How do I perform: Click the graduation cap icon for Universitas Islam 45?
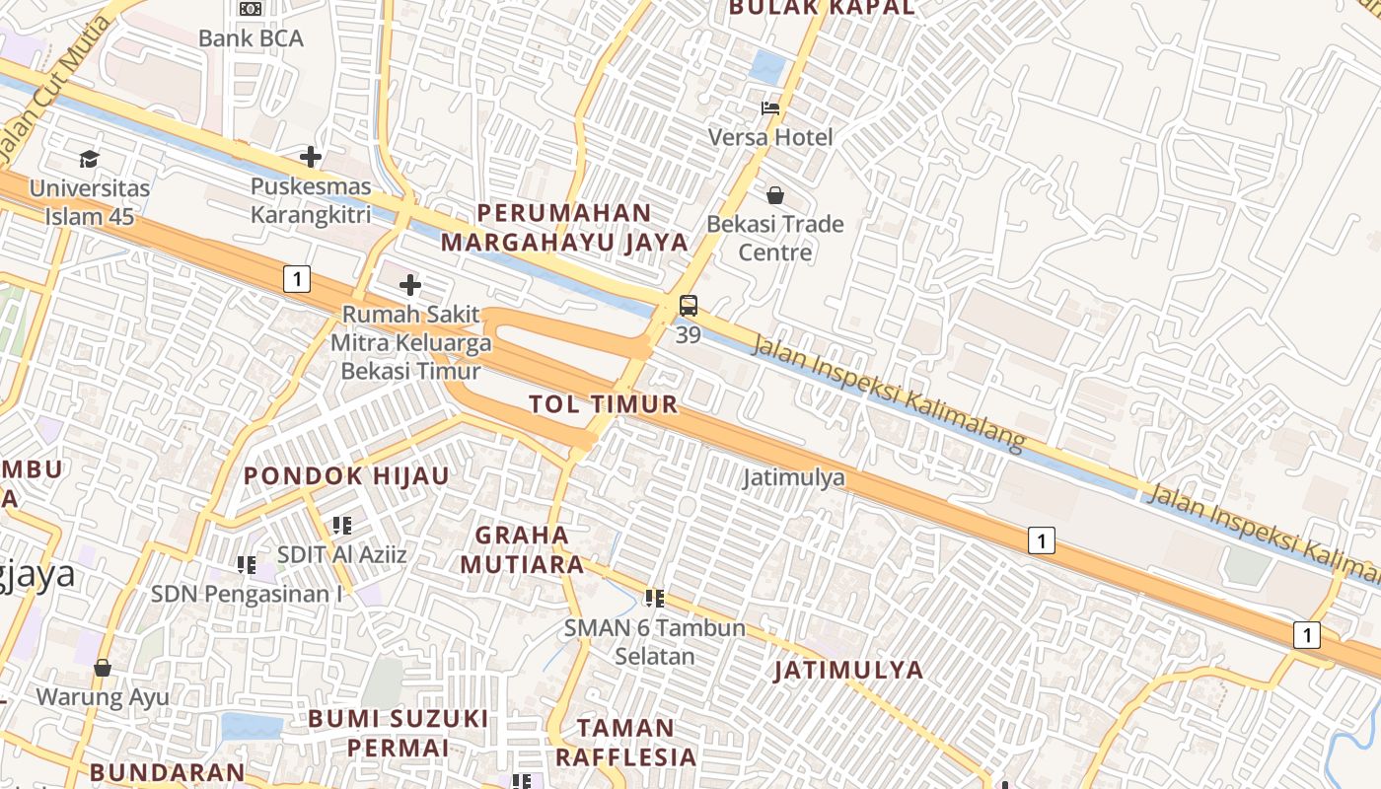[x=90, y=159]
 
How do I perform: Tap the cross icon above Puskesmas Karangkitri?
[x=311, y=157]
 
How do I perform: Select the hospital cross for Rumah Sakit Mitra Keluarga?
[x=410, y=286]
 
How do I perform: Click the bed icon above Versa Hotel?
[x=770, y=108]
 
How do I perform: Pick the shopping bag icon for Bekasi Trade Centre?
[x=775, y=194]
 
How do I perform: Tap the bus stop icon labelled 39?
[x=689, y=306]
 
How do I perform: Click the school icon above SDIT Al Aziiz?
[x=342, y=525]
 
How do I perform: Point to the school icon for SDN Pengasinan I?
[x=246, y=565]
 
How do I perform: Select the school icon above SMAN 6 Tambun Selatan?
[x=654, y=598]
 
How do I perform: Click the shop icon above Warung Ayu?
[x=103, y=668]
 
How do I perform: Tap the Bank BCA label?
[x=251, y=38]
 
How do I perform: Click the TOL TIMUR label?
[x=604, y=403]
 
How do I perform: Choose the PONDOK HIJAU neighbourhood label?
[x=346, y=475]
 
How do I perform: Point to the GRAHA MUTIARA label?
[x=523, y=550]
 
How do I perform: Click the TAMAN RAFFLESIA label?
[x=625, y=743]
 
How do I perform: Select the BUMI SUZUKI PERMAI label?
[x=398, y=732]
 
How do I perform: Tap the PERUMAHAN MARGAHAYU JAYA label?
[x=564, y=227]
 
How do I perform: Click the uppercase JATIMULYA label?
[x=848, y=670]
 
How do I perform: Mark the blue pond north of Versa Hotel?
[x=767, y=67]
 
